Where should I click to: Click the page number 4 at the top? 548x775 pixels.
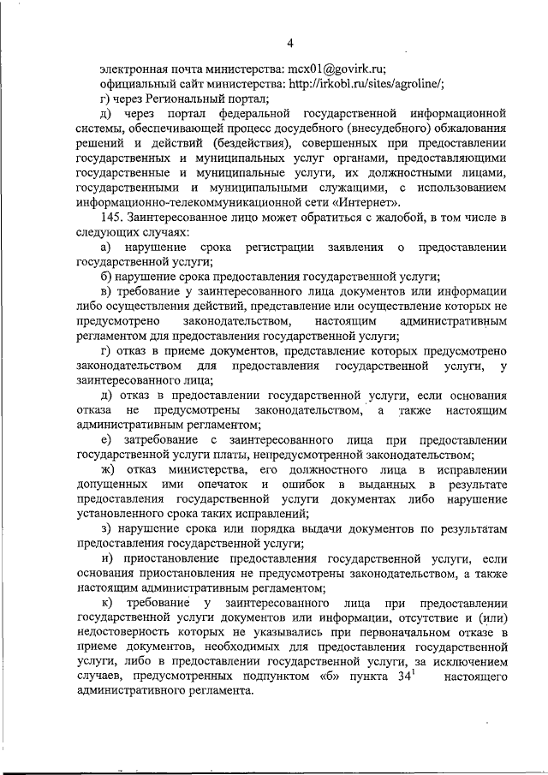[x=289, y=44]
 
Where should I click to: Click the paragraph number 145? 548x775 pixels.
[x=113, y=219]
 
